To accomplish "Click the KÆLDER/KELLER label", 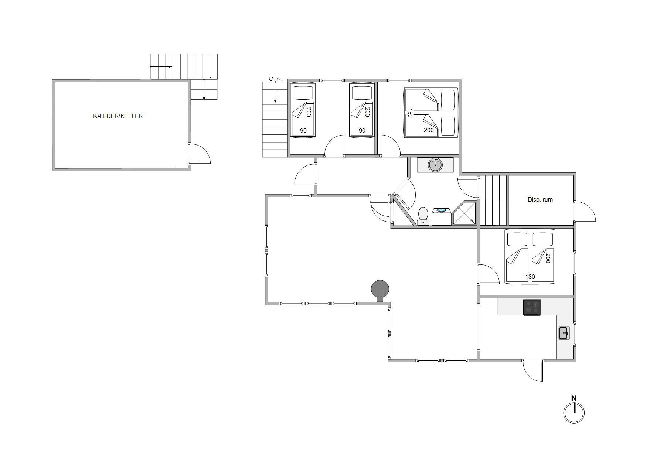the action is click(x=118, y=116).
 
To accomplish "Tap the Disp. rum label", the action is click(x=540, y=199).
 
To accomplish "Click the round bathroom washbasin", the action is click(x=435, y=165).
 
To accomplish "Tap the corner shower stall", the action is click(x=464, y=213).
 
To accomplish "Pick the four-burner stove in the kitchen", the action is click(x=532, y=307).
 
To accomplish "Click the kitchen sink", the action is click(x=564, y=333).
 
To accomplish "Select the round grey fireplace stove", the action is click(x=380, y=289).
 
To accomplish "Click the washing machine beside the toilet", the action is click(x=441, y=217).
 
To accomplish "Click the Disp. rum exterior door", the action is click(x=585, y=212).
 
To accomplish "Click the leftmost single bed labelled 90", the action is click(x=303, y=110).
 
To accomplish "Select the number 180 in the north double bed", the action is click(x=409, y=113).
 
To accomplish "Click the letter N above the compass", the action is click(x=574, y=398).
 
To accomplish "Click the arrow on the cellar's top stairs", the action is click(x=161, y=67).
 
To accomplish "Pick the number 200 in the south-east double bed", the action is click(x=548, y=258).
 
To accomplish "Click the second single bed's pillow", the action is click(x=362, y=93).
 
